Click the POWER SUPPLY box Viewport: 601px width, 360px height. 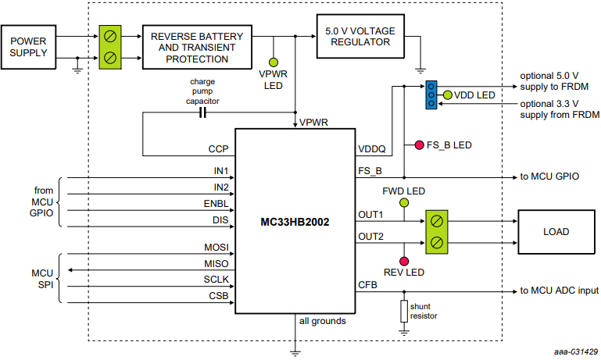tap(29, 47)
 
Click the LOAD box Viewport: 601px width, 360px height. tap(556, 232)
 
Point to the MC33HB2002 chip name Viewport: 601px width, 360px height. tap(295, 223)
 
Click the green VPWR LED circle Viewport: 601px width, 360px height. tap(274, 62)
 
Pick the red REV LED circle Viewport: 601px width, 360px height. tap(404, 260)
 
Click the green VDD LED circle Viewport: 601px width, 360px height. tap(447, 95)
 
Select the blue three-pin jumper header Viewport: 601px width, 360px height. tap(430, 94)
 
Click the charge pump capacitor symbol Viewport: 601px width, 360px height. tap(202, 113)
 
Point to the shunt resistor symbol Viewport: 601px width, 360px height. tap(404, 312)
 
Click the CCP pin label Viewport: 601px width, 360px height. tap(217, 148)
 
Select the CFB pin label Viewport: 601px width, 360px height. tap(367, 285)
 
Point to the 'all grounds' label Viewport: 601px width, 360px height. tap(322, 321)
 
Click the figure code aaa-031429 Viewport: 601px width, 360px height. tap(574, 352)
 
